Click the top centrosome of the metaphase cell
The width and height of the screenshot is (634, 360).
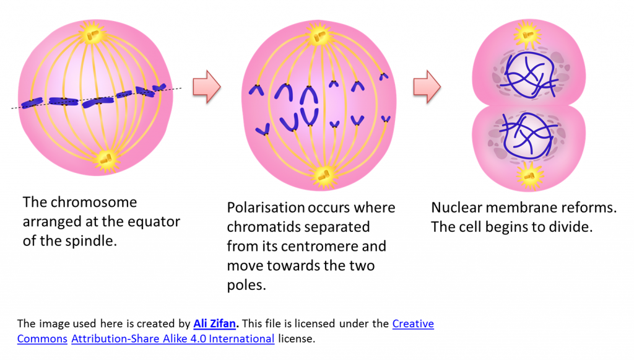(x=93, y=34)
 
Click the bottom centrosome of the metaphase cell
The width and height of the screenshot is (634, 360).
(x=106, y=160)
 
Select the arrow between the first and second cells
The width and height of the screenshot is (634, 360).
(x=207, y=87)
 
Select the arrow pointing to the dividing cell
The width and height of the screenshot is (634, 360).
(x=427, y=87)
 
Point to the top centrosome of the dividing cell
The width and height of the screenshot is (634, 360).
(x=528, y=35)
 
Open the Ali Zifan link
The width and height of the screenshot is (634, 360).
(x=215, y=323)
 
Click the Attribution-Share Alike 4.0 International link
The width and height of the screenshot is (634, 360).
(x=173, y=338)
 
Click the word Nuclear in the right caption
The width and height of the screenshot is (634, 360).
(x=456, y=208)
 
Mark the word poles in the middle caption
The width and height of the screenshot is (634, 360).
(x=246, y=285)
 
